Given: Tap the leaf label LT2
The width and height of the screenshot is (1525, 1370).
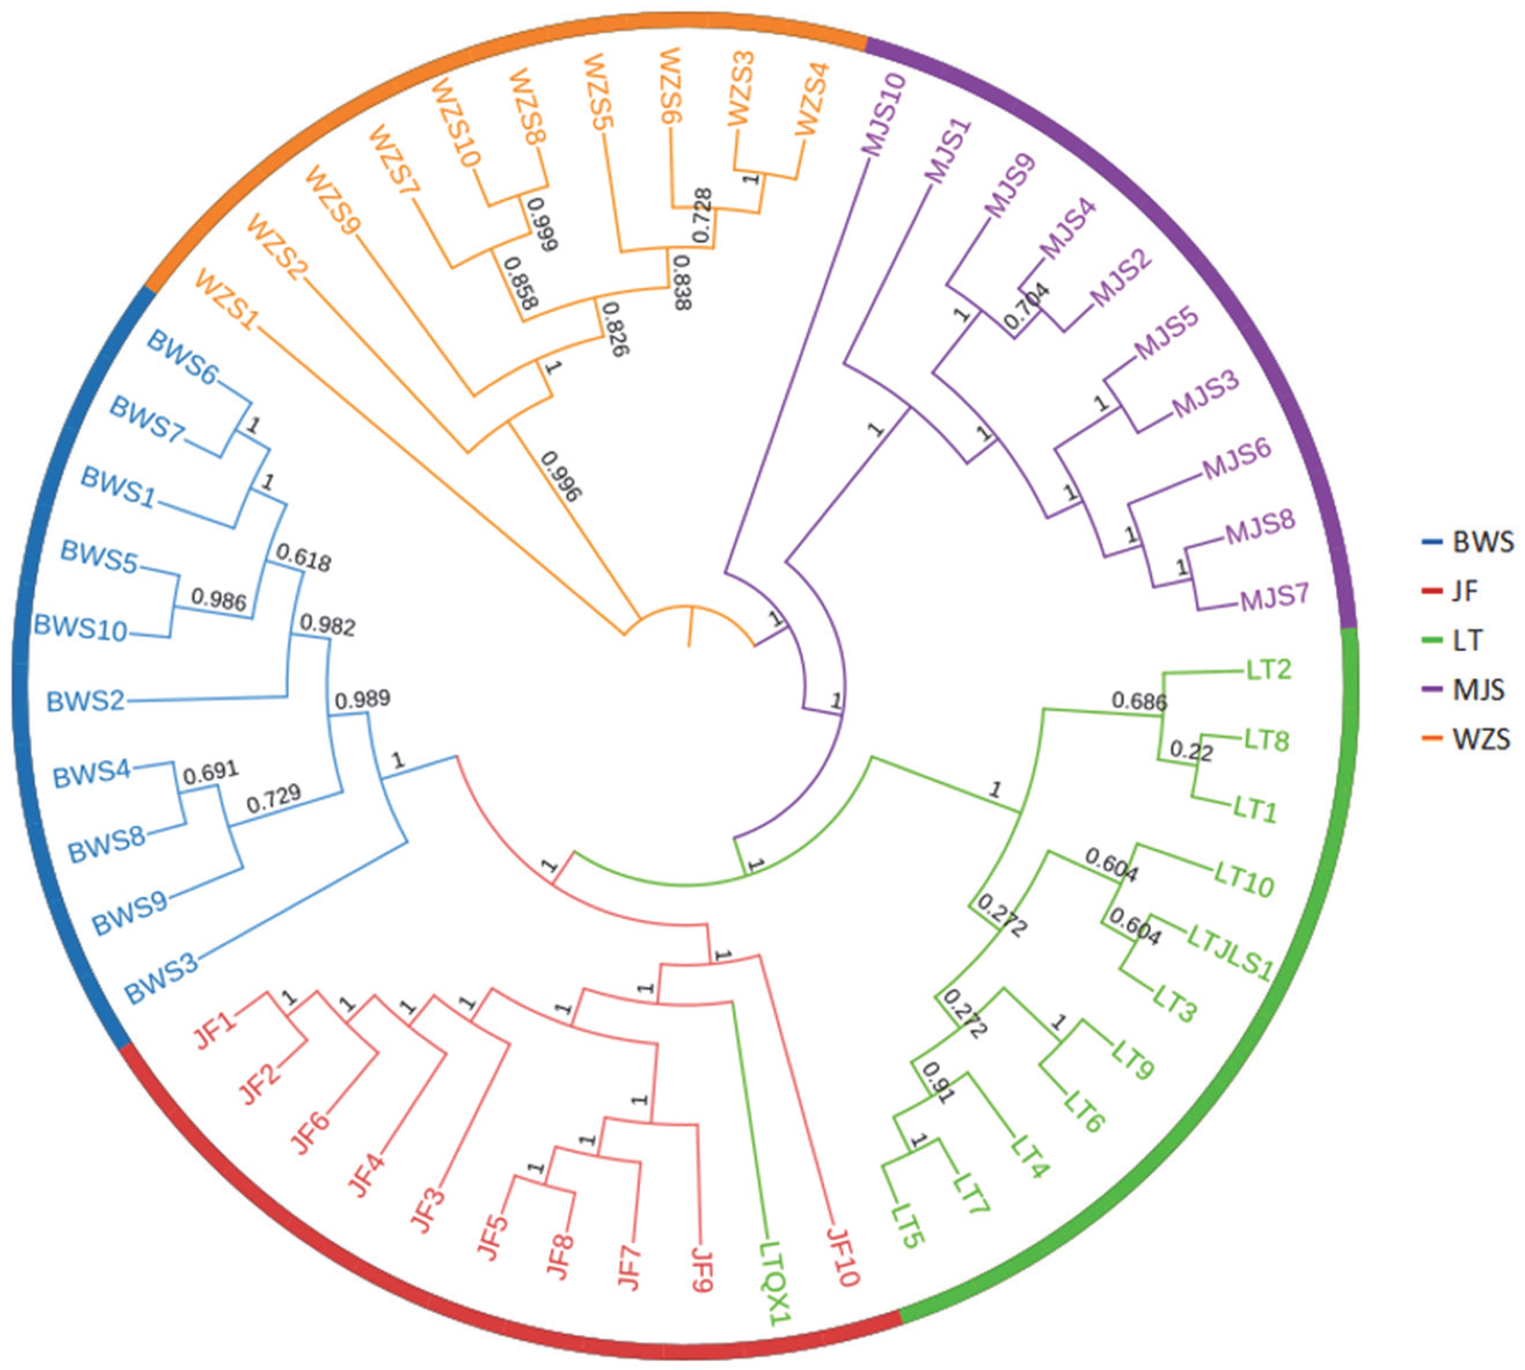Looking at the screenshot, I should pyautogui.click(x=1268, y=668).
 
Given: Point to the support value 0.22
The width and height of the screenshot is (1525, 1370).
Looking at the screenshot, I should pyautogui.click(x=1191, y=751).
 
